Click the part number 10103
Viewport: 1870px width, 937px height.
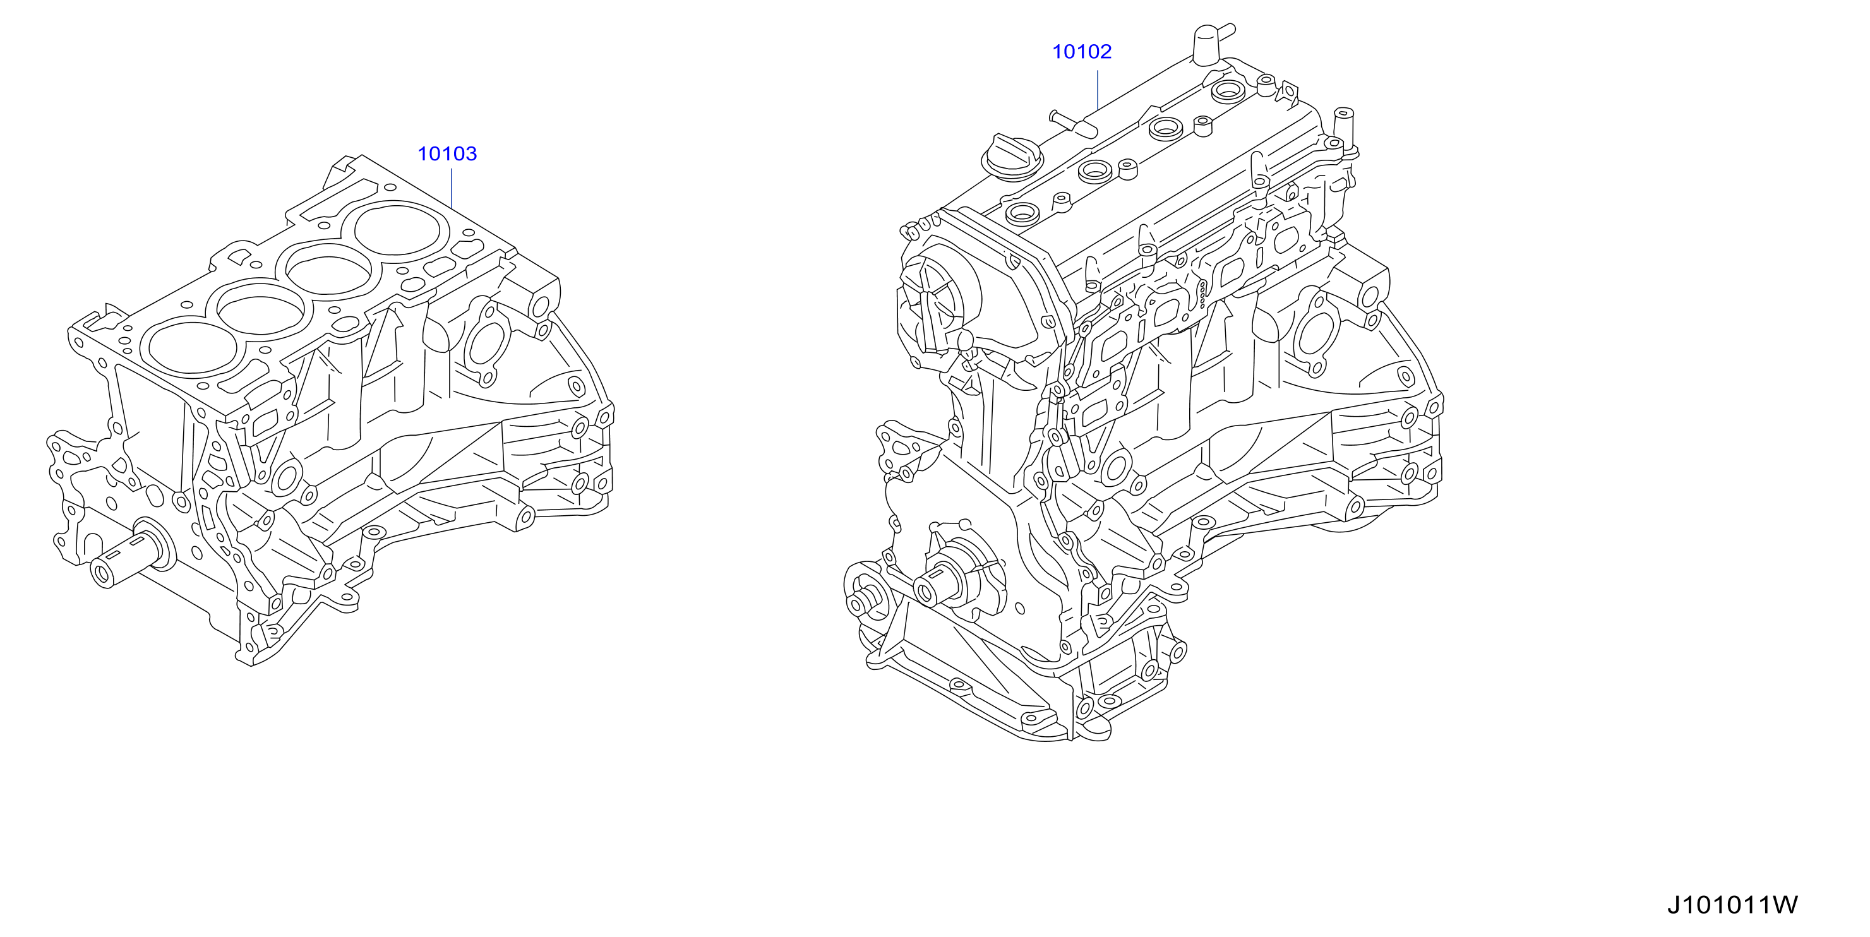[x=447, y=154]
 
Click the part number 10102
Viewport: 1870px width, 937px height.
[x=1082, y=52]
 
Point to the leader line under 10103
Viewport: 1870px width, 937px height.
[x=452, y=189]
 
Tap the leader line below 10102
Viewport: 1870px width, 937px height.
[x=1098, y=90]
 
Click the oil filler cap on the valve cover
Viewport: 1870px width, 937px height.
[x=1011, y=157]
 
